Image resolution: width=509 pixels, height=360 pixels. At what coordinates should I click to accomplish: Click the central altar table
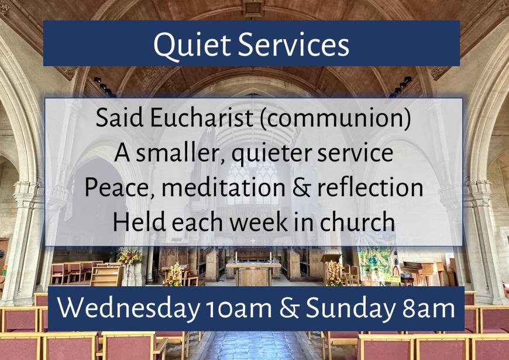click(x=253, y=271)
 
